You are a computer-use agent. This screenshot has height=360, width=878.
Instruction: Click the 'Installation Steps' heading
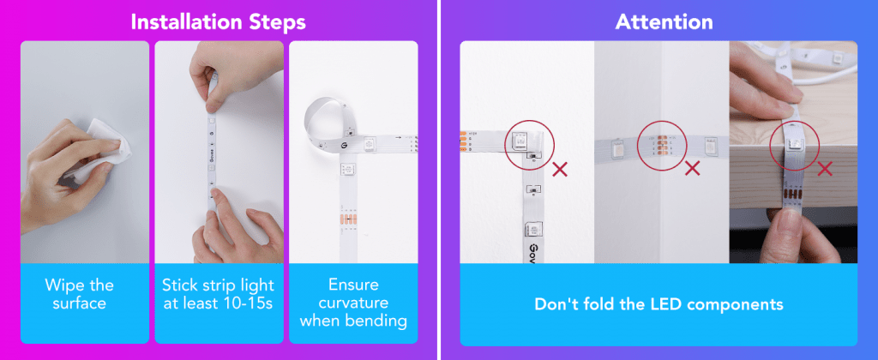[218, 22]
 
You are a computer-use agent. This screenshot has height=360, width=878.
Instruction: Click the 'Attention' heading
[664, 22]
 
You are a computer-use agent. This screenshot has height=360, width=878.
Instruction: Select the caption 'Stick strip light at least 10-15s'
[219, 294]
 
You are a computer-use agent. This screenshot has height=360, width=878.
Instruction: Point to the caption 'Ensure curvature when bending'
[352, 303]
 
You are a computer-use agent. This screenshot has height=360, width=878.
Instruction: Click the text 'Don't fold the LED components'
[658, 304]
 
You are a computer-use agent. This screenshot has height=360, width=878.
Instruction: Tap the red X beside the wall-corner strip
[693, 167]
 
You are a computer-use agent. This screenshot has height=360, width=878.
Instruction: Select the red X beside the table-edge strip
[824, 167]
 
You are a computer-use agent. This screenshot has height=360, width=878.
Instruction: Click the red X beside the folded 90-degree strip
[559, 169]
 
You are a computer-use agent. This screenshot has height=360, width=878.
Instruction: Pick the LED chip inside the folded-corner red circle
[519, 140]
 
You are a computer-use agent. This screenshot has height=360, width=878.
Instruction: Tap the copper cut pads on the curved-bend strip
[348, 219]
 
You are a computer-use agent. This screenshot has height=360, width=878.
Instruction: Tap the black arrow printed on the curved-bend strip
[398, 136]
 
